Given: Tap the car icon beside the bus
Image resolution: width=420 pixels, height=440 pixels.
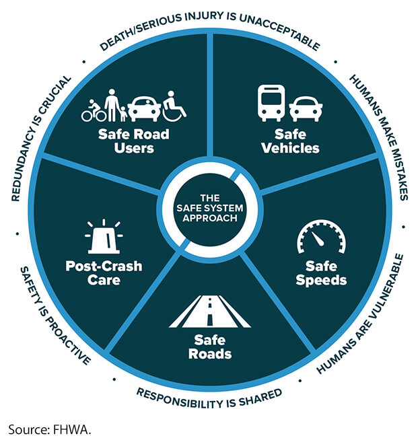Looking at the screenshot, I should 305,108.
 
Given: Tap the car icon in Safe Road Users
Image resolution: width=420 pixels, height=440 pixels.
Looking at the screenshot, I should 144,108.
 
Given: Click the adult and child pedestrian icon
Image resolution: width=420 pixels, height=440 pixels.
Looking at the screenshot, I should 116,104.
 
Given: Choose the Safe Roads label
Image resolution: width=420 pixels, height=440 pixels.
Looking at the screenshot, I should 209,347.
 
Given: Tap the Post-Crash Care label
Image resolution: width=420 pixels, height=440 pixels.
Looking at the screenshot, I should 104,272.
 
